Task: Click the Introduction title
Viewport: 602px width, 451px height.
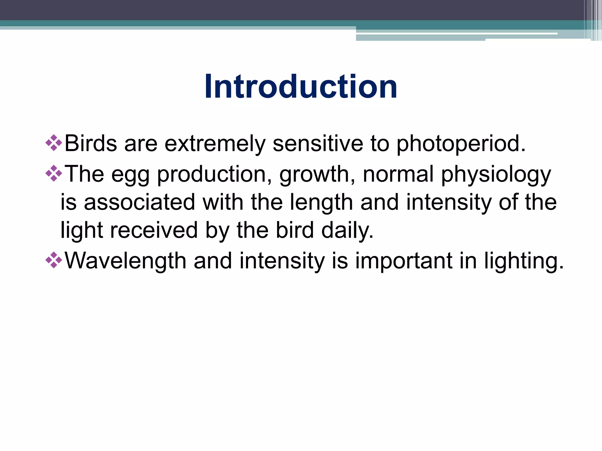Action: click(x=301, y=87)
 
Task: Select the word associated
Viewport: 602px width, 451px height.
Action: click(x=139, y=202)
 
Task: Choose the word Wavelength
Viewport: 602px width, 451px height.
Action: click(x=125, y=261)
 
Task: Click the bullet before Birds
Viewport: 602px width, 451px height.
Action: click(x=54, y=143)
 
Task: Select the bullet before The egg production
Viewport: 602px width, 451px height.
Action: click(x=54, y=174)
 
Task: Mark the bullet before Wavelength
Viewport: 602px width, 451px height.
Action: click(x=54, y=260)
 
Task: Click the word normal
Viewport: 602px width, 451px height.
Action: click(x=398, y=174)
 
